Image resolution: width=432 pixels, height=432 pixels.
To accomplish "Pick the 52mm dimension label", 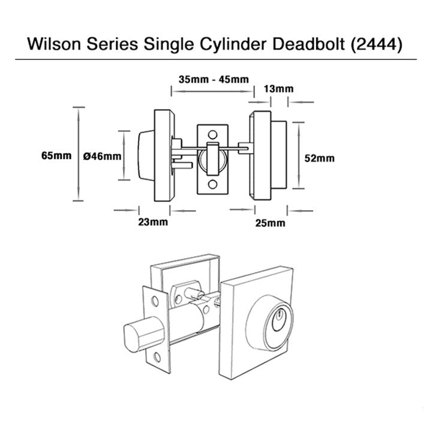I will (x=319, y=158).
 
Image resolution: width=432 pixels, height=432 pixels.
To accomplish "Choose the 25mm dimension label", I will (x=269, y=223).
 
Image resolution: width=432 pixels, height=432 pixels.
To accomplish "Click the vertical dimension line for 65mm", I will (x=76, y=155).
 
